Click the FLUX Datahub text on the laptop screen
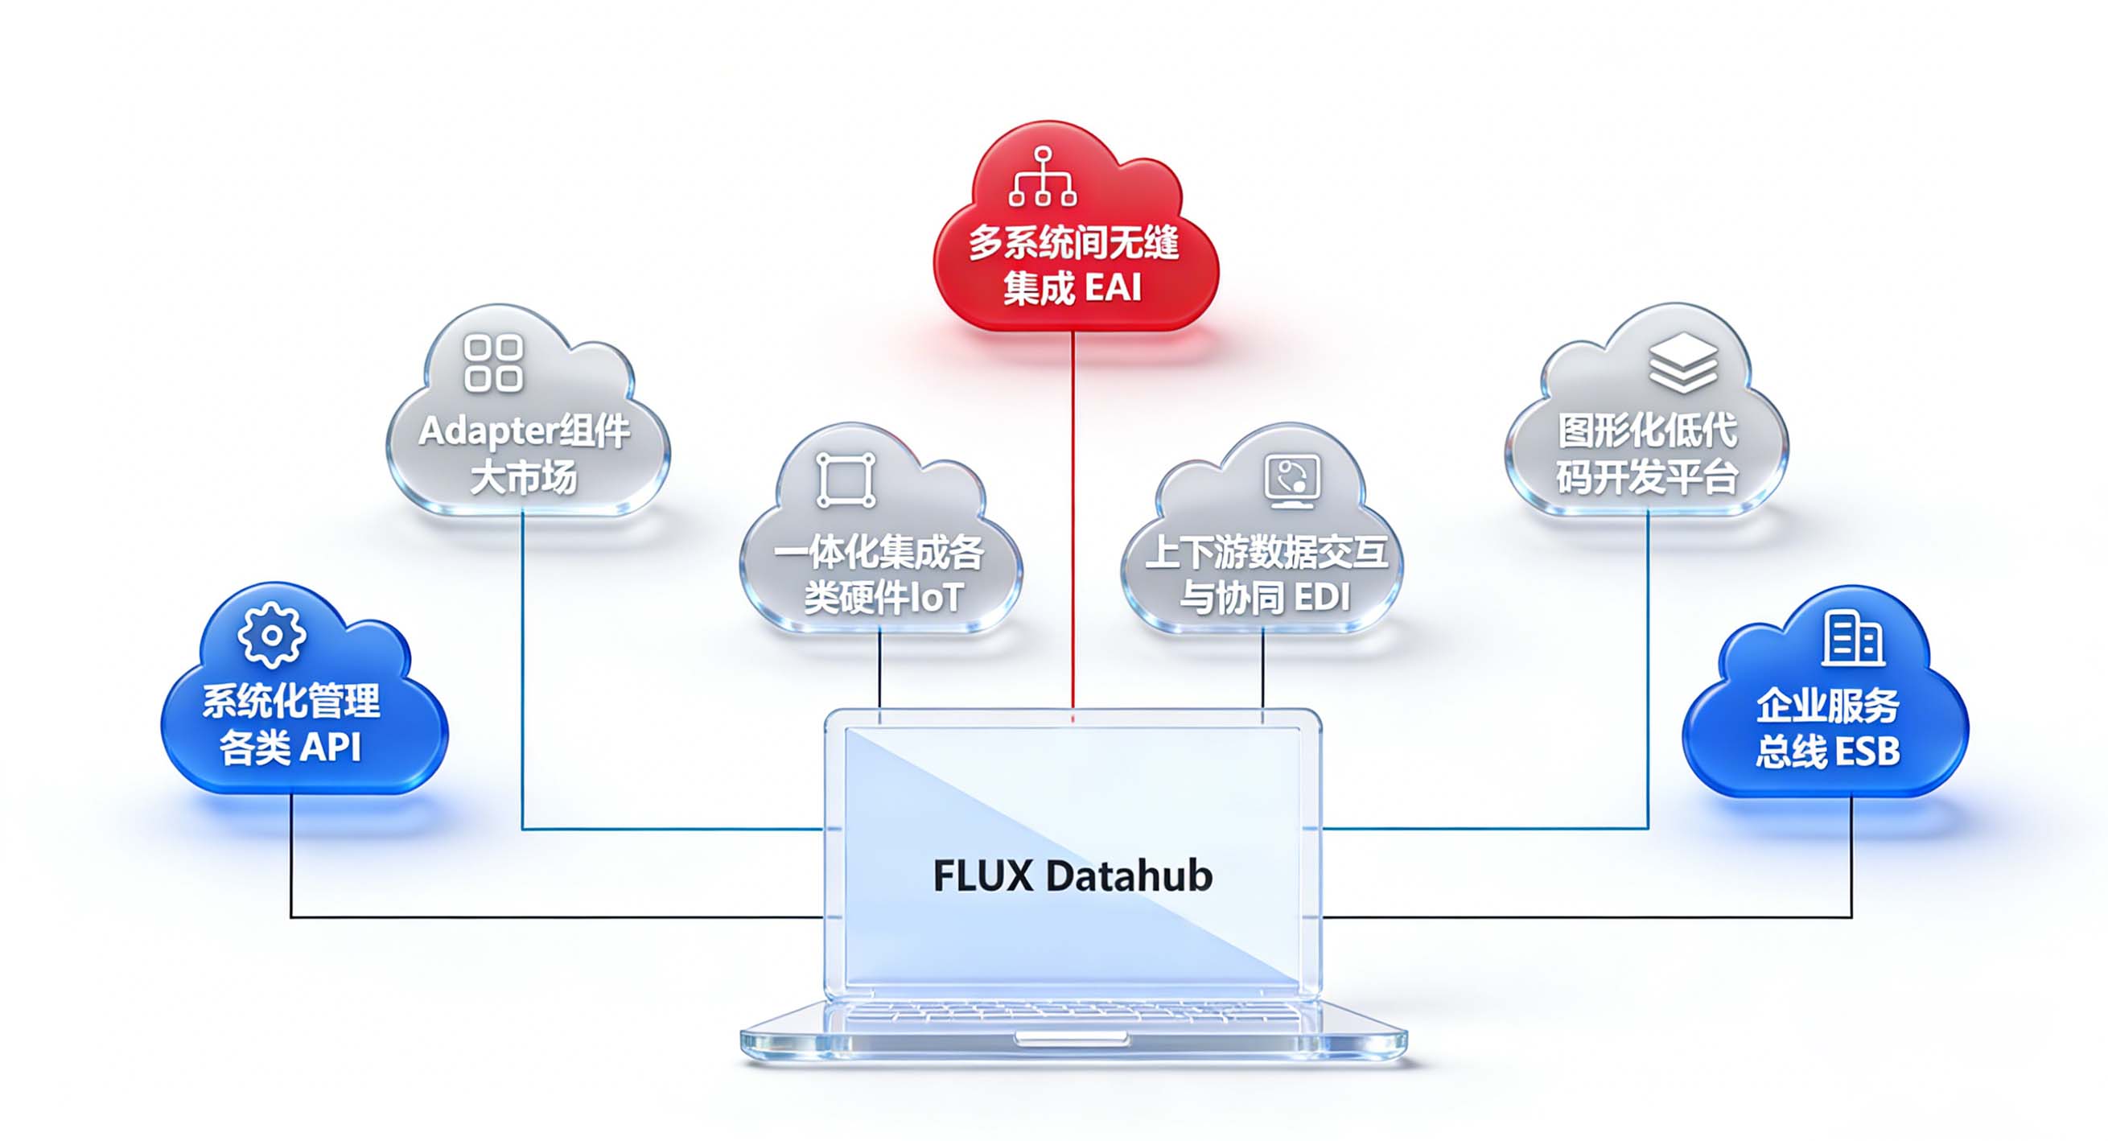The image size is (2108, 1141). tap(1073, 875)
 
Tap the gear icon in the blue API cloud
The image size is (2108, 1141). tap(272, 635)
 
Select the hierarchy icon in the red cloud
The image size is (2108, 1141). tap(1043, 176)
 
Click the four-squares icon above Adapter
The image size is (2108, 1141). tap(493, 363)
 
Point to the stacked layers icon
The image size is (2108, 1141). tap(1683, 363)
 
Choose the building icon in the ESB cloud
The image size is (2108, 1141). tap(1854, 638)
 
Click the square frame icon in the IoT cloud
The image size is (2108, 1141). tap(846, 480)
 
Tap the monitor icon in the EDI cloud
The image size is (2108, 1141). tap(1292, 480)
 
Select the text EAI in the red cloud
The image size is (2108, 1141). tap(1113, 288)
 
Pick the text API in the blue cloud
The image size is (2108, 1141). tap(331, 747)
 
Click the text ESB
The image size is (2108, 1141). tap(1868, 752)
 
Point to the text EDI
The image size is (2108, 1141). tap(1322, 597)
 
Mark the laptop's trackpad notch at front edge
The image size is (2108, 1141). tap(1072, 1038)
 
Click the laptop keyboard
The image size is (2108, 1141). tap(1072, 1014)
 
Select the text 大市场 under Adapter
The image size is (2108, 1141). tap(524, 477)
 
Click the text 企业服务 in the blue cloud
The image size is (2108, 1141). tap(1827, 706)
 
